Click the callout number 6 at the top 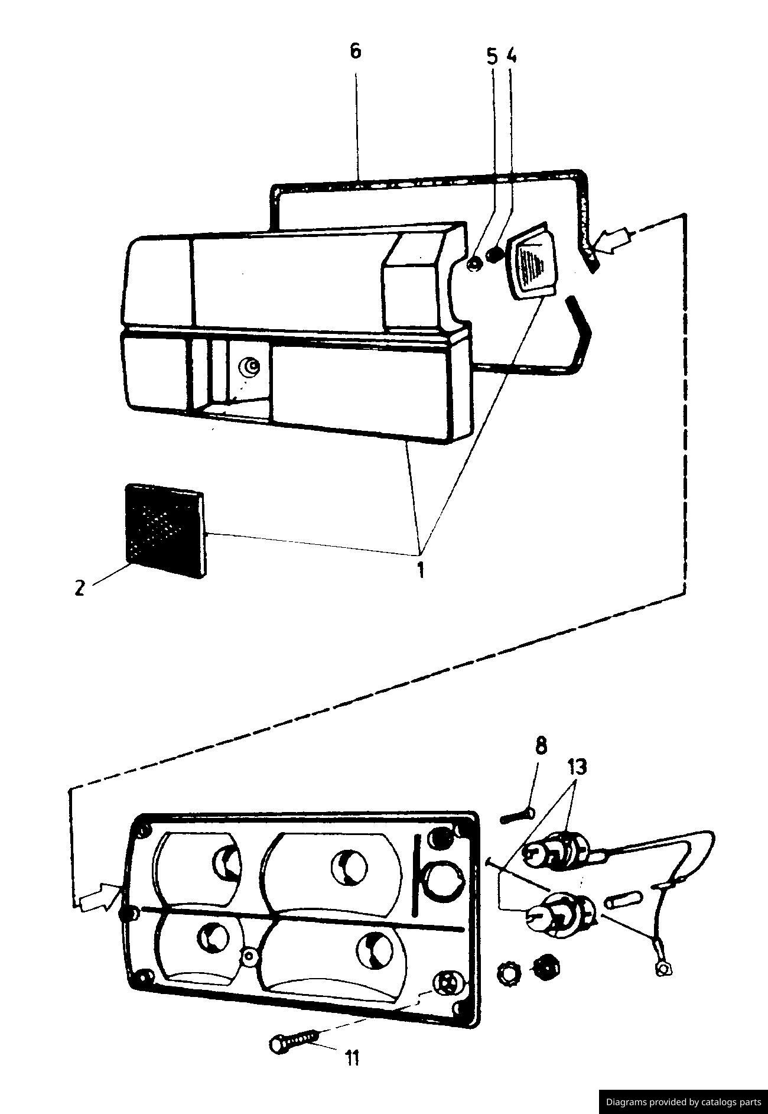(x=354, y=51)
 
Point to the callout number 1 (x=421, y=570)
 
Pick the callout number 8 (x=541, y=746)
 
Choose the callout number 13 (x=577, y=768)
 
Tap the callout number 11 (x=352, y=1058)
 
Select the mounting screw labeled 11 (x=294, y=1041)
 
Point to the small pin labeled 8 (x=518, y=816)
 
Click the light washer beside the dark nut (x=508, y=972)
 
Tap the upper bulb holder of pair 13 (x=558, y=852)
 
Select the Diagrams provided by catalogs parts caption (x=684, y=1102)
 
